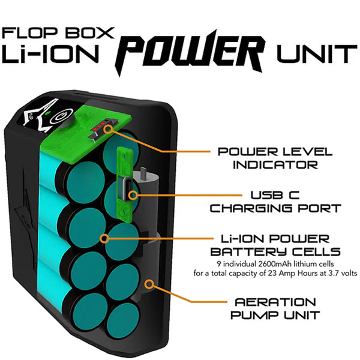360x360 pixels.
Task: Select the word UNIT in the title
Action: [316, 55]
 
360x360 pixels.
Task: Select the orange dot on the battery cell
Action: [105, 238]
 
